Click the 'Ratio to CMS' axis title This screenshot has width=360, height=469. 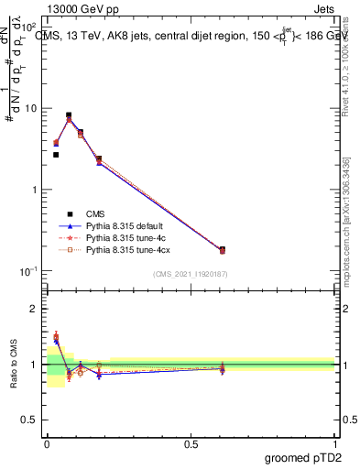click(15, 364)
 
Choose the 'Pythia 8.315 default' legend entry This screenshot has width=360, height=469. click(128, 224)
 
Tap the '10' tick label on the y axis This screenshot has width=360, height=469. click(30, 108)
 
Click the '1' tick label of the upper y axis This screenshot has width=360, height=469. click(34, 190)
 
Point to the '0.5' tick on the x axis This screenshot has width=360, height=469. click(191, 442)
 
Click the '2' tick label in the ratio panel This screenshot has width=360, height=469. click(34, 309)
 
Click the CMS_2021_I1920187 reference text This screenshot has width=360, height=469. click(190, 274)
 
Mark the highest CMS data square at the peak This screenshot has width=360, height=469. click(69, 115)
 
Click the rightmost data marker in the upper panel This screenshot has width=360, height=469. click(223, 249)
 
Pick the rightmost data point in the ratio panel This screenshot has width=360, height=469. click(223, 367)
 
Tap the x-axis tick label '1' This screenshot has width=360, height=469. click(334, 442)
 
